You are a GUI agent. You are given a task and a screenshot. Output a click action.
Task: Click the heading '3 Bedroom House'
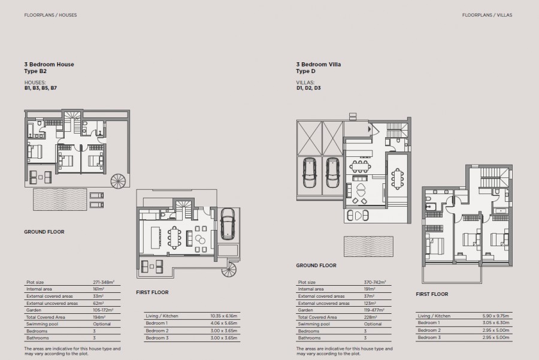click(x=49, y=64)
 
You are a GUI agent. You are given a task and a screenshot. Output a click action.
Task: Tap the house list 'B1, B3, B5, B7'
click(x=41, y=88)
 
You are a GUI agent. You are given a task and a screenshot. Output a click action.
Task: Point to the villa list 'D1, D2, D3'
click(x=309, y=88)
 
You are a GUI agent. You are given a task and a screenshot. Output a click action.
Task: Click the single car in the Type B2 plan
click(x=229, y=224)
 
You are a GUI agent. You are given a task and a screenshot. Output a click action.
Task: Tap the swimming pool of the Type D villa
click(x=368, y=246)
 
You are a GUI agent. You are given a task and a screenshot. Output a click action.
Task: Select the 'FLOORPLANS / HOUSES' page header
click(x=50, y=14)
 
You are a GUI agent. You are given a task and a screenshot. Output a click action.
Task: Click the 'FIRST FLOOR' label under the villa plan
click(x=432, y=294)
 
